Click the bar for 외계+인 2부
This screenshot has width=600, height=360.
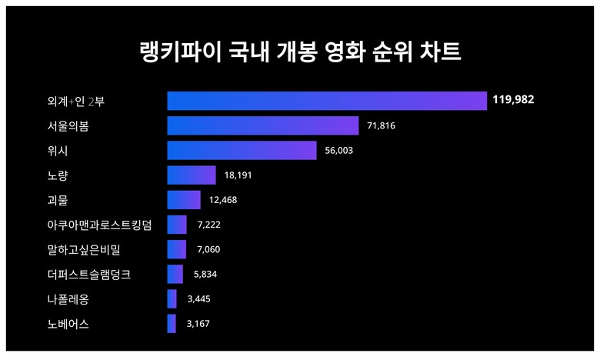point(327,101)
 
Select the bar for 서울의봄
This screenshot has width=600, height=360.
point(263,125)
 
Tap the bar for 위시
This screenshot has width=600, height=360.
point(242,150)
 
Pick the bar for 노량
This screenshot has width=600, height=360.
point(192,175)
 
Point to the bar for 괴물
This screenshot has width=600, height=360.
point(184,200)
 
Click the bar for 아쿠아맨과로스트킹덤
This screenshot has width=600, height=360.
point(177,225)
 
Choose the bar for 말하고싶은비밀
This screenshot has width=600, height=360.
point(177,249)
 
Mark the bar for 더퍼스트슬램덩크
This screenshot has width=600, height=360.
point(175,274)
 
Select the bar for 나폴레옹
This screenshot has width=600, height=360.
point(172,299)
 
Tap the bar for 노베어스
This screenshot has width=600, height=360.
point(172,324)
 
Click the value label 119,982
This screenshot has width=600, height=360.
point(514,100)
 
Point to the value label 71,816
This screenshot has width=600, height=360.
point(380,125)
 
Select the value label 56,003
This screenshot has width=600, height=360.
point(338,151)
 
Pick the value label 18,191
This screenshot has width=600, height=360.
point(238,175)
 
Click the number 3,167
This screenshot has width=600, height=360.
point(198,324)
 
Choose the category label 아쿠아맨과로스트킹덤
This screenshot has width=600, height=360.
point(99,225)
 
